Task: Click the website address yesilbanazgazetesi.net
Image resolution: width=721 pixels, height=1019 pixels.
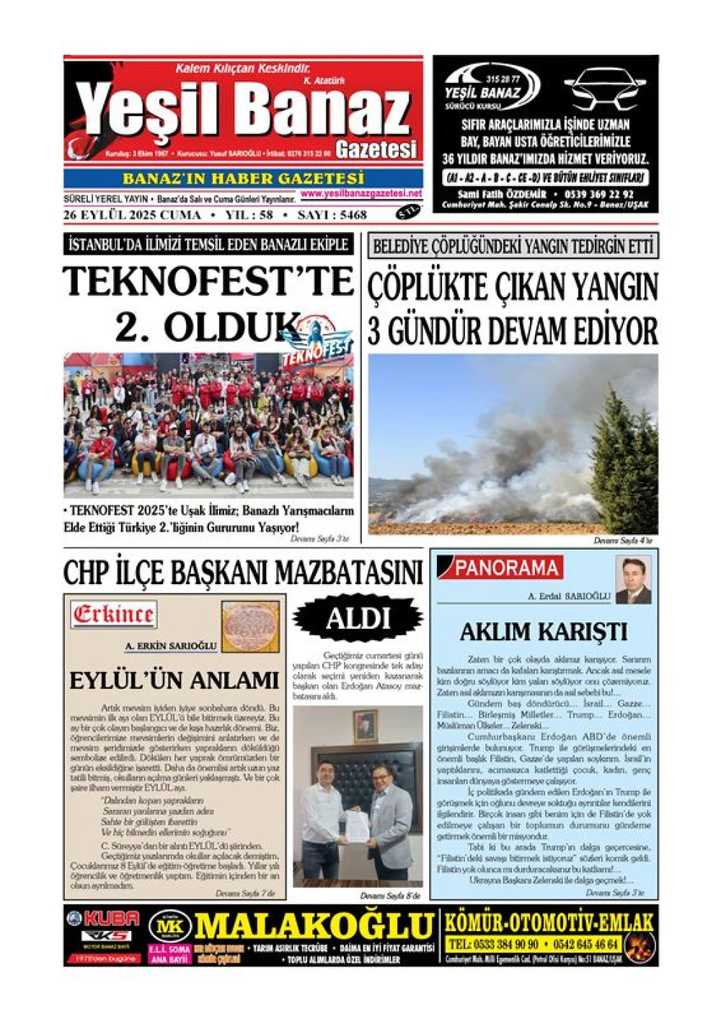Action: (361, 194)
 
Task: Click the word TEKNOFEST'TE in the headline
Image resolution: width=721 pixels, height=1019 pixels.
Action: (208, 281)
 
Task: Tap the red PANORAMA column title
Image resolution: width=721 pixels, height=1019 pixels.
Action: (506, 568)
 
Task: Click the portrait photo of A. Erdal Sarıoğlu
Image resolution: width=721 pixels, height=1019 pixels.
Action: (633, 581)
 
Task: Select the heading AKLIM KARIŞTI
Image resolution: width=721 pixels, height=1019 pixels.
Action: (544, 632)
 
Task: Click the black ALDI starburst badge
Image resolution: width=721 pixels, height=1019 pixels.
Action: (358, 619)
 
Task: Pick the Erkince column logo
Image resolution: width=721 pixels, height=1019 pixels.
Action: (114, 614)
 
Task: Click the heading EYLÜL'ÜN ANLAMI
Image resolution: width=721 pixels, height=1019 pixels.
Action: (174, 680)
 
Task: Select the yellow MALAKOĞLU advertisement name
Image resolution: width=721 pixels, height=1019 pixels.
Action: (314, 926)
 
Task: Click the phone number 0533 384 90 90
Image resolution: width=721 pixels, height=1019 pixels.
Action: (493, 945)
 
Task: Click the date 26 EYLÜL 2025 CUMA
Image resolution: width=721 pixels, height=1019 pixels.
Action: (132, 215)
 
